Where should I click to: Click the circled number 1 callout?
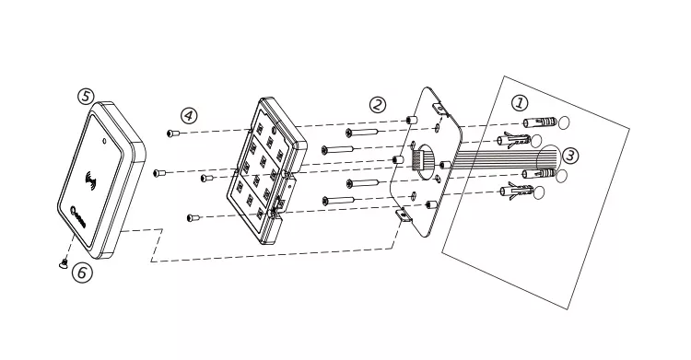click(520, 103)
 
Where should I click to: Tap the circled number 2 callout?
click(377, 105)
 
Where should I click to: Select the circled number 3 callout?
click(570, 156)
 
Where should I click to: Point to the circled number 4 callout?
click(189, 116)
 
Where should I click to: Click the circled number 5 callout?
click(86, 96)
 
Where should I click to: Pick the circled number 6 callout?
click(82, 273)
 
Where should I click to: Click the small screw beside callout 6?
click(63, 263)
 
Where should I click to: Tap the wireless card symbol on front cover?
click(92, 181)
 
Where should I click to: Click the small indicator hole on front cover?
click(104, 142)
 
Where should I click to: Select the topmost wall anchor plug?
click(539, 122)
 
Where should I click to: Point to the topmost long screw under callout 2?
click(361, 132)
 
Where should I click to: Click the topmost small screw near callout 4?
click(173, 133)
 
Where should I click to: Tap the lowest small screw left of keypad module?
click(193, 217)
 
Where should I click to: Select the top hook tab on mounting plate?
click(439, 108)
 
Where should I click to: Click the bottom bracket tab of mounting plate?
click(403, 215)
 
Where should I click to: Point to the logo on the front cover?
click(78, 215)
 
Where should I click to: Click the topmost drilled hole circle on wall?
click(564, 122)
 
